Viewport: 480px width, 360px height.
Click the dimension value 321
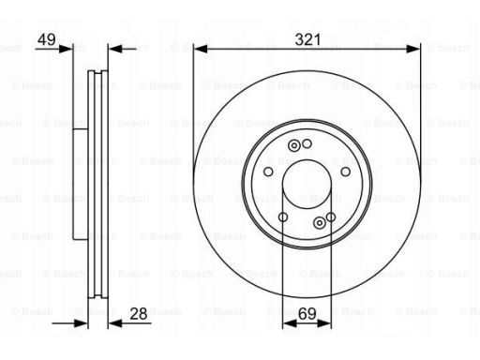307,39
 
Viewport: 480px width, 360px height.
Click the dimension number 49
47,39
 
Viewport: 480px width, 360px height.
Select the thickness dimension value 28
139,313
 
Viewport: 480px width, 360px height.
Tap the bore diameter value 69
307,314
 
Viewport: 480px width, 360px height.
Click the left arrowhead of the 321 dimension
201,49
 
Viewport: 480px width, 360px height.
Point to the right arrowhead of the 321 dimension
413,49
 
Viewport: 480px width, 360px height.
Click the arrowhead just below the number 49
66,49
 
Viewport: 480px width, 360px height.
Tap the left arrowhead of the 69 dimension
290,323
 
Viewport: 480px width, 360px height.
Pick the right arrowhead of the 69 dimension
324,323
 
